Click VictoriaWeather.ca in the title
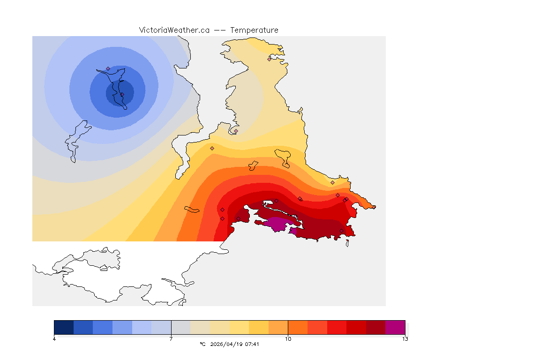point(174,30)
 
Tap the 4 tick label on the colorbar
point(54,339)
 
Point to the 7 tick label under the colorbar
point(171,339)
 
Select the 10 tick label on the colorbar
point(288,339)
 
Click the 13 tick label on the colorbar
point(405,339)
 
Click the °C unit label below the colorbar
point(202,344)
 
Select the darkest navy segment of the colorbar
point(64,327)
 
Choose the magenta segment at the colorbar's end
point(395,327)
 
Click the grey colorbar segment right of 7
point(180,327)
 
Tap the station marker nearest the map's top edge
point(269,59)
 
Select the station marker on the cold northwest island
point(108,68)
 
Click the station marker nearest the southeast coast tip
point(342,230)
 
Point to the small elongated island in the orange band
point(192,209)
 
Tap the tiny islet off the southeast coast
point(347,243)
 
